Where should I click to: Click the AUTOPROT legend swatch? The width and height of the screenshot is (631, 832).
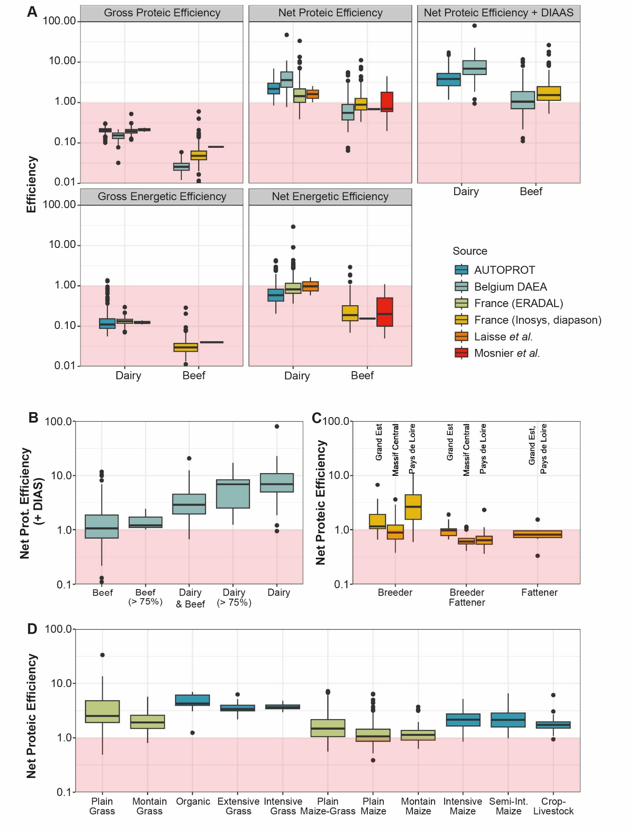point(461,270)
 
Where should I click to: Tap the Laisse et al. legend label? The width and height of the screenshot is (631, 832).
point(503,337)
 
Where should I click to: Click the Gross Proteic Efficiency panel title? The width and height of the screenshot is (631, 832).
point(162,13)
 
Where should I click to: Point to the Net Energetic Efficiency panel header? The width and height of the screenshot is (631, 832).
point(330,197)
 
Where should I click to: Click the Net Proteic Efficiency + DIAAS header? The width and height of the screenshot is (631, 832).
point(498,13)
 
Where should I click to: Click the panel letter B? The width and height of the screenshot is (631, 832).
point(33,418)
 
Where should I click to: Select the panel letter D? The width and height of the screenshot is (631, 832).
point(32,629)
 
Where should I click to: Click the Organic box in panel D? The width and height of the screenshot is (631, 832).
point(193,700)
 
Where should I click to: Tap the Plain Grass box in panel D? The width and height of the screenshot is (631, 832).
point(102,711)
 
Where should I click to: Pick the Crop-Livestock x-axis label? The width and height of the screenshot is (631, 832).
point(553,806)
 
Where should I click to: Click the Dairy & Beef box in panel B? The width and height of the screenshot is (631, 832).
point(189,504)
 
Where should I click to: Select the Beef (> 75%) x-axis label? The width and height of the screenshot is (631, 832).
point(145,597)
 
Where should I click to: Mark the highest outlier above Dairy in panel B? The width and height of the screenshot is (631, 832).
point(277,426)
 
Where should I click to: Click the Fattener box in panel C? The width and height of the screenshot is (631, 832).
point(537,534)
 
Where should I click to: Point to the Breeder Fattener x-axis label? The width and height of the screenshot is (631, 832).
point(467,597)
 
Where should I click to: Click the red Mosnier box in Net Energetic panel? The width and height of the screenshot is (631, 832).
point(385,312)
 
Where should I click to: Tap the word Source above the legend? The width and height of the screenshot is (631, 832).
point(470,251)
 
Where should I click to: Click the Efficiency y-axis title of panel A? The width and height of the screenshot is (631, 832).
point(31,184)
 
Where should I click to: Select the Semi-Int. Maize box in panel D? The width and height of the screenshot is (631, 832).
point(508,720)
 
